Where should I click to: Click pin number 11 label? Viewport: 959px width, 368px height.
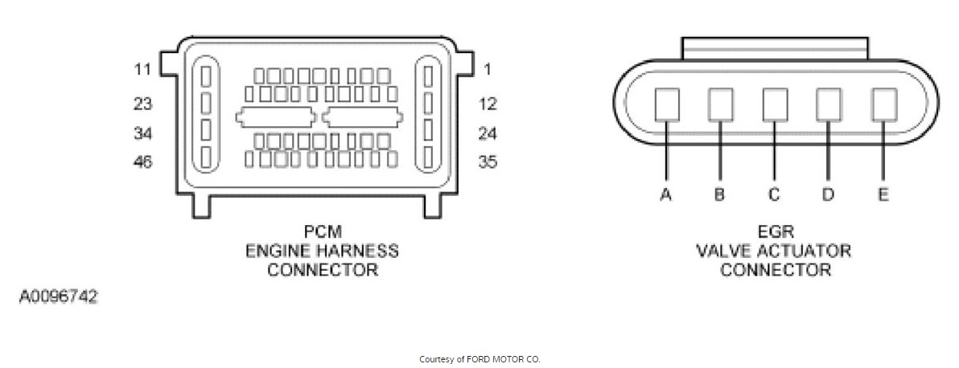tap(142, 69)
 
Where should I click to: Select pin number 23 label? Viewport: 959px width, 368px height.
tap(142, 104)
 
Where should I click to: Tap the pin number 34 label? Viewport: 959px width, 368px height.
tap(142, 133)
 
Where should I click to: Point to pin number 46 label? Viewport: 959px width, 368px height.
tap(142, 162)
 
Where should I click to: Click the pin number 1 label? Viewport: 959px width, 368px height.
tap(487, 69)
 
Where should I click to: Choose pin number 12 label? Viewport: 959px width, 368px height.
tap(488, 104)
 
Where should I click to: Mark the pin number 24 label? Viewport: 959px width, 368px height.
tap(488, 133)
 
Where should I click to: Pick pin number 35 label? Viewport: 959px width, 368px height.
tap(488, 162)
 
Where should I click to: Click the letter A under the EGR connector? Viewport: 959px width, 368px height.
tap(665, 195)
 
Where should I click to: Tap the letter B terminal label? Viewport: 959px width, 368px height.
tap(719, 195)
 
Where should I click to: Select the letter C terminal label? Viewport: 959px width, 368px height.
tap(774, 195)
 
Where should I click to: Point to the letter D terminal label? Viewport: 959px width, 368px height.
tap(828, 195)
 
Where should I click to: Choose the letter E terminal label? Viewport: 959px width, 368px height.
tap(883, 195)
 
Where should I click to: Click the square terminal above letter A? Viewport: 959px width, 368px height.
tap(667, 104)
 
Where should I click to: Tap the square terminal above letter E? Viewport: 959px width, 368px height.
tap(883, 104)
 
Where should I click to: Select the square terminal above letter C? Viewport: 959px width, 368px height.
tap(775, 104)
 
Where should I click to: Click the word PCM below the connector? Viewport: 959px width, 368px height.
tap(323, 232)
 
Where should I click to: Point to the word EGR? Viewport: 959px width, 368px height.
tap(775, 232)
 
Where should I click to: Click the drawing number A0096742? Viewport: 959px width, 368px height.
tap(59, 296)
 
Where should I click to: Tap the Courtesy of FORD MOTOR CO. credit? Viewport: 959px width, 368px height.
tap(479, 359)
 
